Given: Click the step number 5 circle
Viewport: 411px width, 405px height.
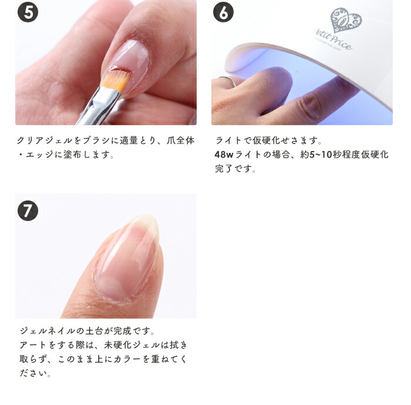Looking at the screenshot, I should click(28, 12).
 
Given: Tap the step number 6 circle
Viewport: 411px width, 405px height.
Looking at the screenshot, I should click(223, 12).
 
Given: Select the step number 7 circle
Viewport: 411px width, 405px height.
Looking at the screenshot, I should click(28, 210).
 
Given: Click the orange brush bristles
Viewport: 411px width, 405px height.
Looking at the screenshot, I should click(116, 79).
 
